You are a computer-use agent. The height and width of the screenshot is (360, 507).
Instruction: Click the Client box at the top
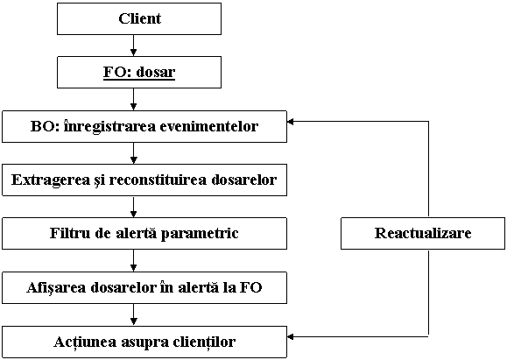tap(139, 18)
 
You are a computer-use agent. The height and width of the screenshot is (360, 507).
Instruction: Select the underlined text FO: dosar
tap(139, 72)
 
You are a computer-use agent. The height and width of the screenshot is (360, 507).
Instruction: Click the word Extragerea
tap(50, 180)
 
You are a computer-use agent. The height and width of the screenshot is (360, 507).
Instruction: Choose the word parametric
tap(200, 234)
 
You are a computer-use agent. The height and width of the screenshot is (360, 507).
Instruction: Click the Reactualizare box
tap(423, 233)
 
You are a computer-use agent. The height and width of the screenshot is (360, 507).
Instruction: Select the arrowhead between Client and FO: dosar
tap(134, 53)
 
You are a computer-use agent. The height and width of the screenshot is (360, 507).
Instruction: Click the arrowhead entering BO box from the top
tap(134, 106)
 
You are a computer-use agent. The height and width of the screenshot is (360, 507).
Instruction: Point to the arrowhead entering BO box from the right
tap(291, 122)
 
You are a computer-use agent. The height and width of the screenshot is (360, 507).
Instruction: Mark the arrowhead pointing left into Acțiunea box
tap(291, 336)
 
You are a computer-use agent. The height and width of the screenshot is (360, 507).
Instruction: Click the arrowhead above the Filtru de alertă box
tap(134, 214)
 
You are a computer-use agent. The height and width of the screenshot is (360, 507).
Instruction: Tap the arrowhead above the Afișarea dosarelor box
tap(134, 267)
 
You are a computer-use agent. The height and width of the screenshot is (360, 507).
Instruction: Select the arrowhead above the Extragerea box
tap(134, 159)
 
